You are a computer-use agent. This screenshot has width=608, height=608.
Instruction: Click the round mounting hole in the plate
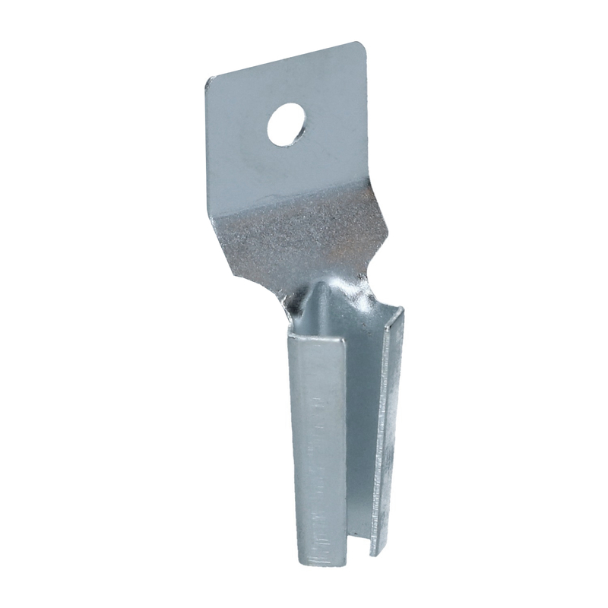click(286, 125)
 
